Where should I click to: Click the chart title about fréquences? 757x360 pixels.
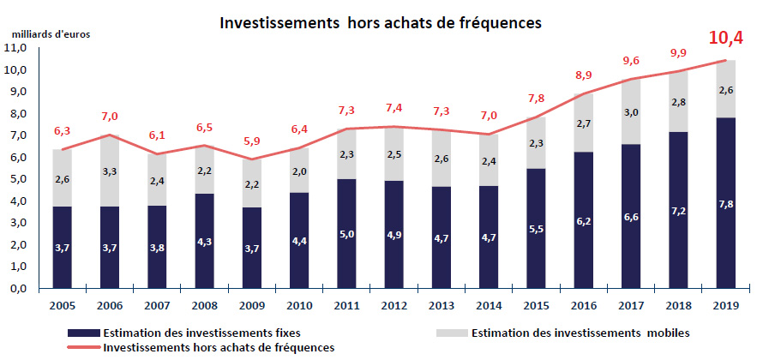(x=381, y=23)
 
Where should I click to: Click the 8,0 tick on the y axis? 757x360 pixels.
(x=18, y=114)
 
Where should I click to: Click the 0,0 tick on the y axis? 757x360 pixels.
(x=18, y=289)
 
